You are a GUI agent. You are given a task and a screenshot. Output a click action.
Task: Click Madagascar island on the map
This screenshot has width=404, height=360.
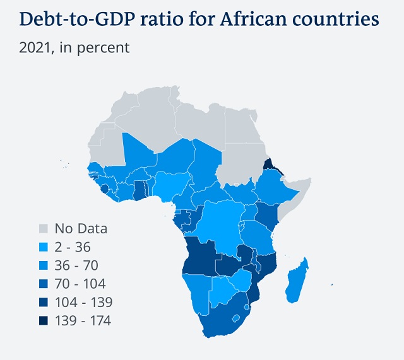click(296, 281)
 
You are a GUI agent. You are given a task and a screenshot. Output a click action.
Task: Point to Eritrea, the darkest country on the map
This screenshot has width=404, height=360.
click(269, 165)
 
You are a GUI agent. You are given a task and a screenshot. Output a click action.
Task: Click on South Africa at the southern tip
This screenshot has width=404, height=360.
click(221, 319)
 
